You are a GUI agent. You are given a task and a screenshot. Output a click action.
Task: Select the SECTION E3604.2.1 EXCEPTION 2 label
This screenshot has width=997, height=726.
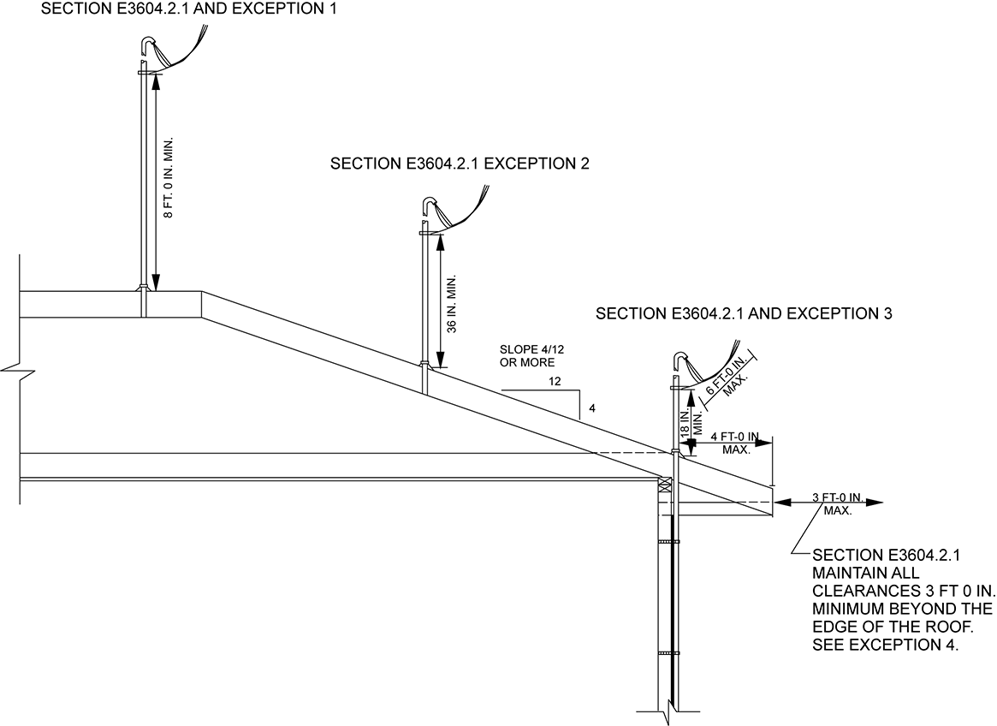click(x=460, y=164)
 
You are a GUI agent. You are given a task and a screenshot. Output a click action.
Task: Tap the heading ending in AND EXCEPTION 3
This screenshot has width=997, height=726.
click(x=744, y=314)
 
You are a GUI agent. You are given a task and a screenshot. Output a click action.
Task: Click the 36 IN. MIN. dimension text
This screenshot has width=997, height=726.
click(x=453, y=303)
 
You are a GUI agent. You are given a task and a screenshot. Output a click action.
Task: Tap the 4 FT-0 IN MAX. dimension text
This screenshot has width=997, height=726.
click(x=736, y=443)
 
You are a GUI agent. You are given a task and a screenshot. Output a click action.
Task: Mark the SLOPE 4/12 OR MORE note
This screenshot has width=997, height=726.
click(x=527, y=356)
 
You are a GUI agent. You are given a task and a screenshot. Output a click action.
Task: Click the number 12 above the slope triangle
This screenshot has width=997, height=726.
click(x=555, y=382)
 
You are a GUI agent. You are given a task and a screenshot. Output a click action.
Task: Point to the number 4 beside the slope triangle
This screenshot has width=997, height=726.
click(x=591, y=408)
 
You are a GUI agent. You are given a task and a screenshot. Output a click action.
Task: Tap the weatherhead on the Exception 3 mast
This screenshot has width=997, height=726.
click(x=680, y=360)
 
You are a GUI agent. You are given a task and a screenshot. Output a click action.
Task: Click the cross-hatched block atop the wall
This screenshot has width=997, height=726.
click(x=666, y=485)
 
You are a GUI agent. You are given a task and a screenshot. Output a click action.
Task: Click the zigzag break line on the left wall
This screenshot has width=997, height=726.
click(x=17, y=371)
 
